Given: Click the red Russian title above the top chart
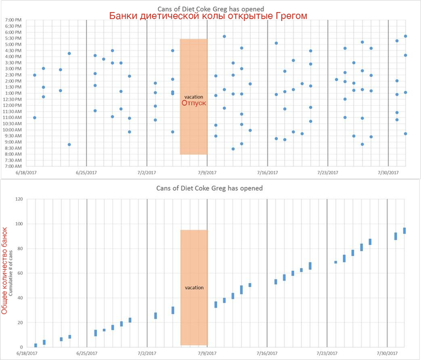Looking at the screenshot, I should point(208,16).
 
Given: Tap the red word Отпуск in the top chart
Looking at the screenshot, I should point(194,103).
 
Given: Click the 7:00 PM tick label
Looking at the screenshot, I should point(13,19).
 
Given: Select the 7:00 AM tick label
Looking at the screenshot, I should point(13,166).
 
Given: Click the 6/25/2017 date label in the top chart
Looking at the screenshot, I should point(87,173).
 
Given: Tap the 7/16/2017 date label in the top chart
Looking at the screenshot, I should point(268,173).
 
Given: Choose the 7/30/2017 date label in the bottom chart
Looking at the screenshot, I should point(387,354).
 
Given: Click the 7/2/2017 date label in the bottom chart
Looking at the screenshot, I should point(147,354).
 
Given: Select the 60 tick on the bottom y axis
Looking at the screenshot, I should point(19,273).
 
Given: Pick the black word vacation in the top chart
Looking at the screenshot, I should point(194,96).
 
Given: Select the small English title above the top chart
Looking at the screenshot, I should point(208,7).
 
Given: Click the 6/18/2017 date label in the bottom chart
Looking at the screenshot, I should point(27,354).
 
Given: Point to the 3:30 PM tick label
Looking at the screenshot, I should point(13,63).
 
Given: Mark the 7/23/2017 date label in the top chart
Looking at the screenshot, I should point(327,173).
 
